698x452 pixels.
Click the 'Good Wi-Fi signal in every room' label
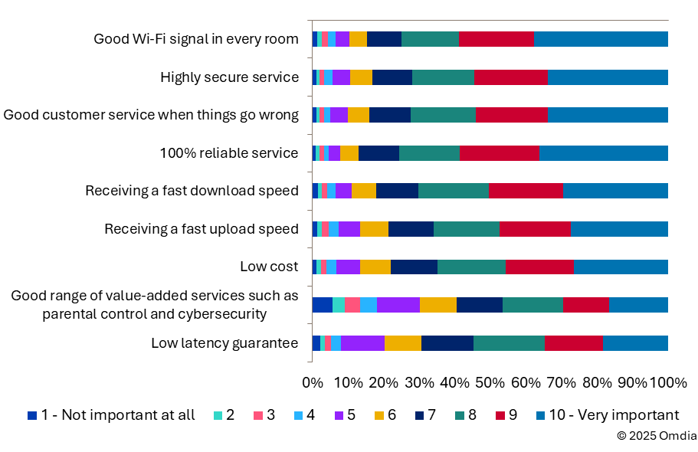[195, 39]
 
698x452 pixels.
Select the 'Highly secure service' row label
[229, 77]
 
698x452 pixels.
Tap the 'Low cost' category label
[268, 267]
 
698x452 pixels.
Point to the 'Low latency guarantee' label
[224, 343]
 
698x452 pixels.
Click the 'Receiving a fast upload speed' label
[202, 229]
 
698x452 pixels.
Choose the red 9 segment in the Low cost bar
[539, 267]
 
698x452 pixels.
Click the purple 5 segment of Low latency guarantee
[362, 343]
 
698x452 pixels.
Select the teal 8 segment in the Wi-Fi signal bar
[430, 39]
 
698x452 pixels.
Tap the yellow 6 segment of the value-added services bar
[438, 305]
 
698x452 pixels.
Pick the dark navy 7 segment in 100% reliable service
[378, 153]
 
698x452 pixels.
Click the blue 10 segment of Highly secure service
[608, 77]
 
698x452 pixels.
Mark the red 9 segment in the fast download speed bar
[526, 191]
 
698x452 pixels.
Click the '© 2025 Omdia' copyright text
[657, 436]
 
